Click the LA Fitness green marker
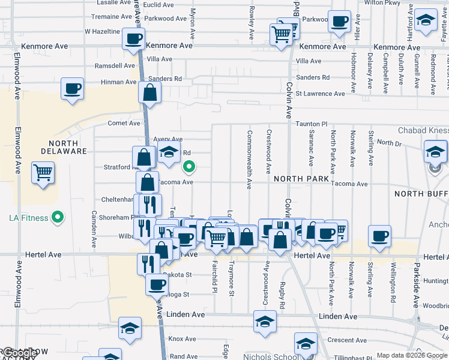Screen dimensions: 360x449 pyautogui.click(x=58, y=217)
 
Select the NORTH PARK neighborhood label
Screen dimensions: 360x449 pyautogui.click(x=302, y=179)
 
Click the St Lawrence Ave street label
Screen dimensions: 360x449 pyautogui.click(x=321, y=94)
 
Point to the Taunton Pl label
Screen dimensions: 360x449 pyautogui.click(x=310, y=124)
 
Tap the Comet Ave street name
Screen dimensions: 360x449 pyautogui.click(x=124, y=123)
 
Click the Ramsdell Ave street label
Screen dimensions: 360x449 pyautogui.click(x=115, y=66)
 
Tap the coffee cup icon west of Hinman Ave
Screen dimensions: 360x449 pyautogui.click(x=73, y=89)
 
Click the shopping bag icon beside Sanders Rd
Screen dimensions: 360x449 pyautogui.click(x=149, y=93)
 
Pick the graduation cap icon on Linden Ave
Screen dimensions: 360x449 pyautogui.click(x=265, y=321)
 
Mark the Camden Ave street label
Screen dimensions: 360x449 pyautogui.click(x=94, y=229)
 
